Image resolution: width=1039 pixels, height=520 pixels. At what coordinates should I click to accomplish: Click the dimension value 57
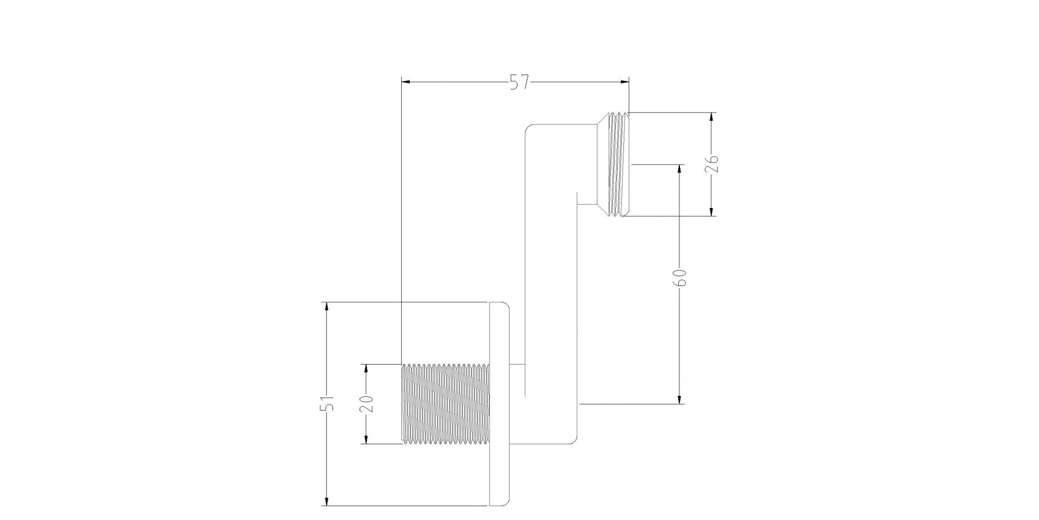point(519,83)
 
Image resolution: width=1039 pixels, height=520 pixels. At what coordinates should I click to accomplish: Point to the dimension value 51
point(328,403)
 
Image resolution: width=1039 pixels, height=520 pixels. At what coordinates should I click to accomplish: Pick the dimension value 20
point(366,403)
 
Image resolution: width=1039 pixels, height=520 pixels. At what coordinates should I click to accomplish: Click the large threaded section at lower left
point(445,404)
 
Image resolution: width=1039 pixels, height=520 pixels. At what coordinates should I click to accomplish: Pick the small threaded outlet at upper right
point(619,165)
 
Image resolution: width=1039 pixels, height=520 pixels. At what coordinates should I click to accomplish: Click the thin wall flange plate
point(499,404)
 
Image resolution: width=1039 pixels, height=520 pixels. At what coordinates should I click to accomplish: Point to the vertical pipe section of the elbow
point(551,283)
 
